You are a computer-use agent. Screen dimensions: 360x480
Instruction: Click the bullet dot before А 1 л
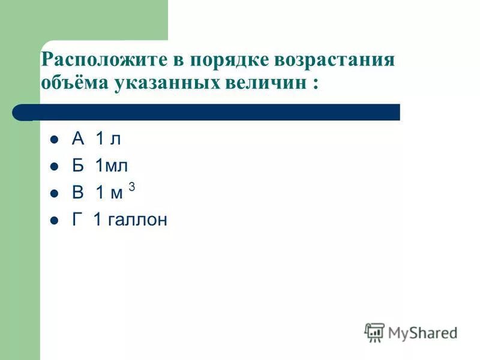53,140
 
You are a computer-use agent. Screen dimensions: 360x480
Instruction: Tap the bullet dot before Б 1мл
53,167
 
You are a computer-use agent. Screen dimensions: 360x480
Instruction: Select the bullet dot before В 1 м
53,194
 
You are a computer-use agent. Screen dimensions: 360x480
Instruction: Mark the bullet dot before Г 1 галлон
53,221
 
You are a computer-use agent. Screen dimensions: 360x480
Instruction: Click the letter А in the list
78,139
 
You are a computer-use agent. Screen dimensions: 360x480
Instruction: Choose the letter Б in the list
78,166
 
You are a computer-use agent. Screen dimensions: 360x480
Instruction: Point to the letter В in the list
78,193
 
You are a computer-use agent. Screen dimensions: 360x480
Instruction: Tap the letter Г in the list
77,220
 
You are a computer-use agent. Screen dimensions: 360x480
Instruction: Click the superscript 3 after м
131,187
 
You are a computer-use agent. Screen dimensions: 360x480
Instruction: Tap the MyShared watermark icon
374,332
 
